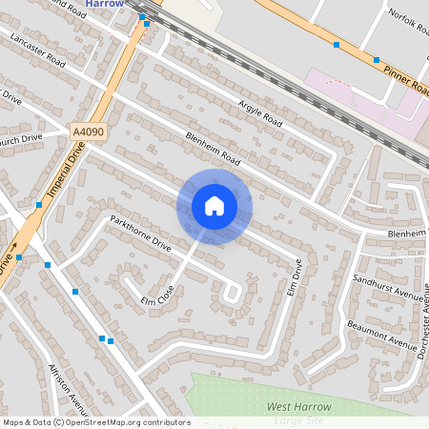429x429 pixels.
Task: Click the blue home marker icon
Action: (214, 206)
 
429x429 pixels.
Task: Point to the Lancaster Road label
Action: (37, 50)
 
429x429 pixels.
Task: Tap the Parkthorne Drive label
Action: (140, 233)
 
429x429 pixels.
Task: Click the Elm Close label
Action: (158, 295)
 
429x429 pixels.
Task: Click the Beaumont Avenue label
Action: (378, 333)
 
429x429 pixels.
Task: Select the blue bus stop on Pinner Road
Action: (336, 44)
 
